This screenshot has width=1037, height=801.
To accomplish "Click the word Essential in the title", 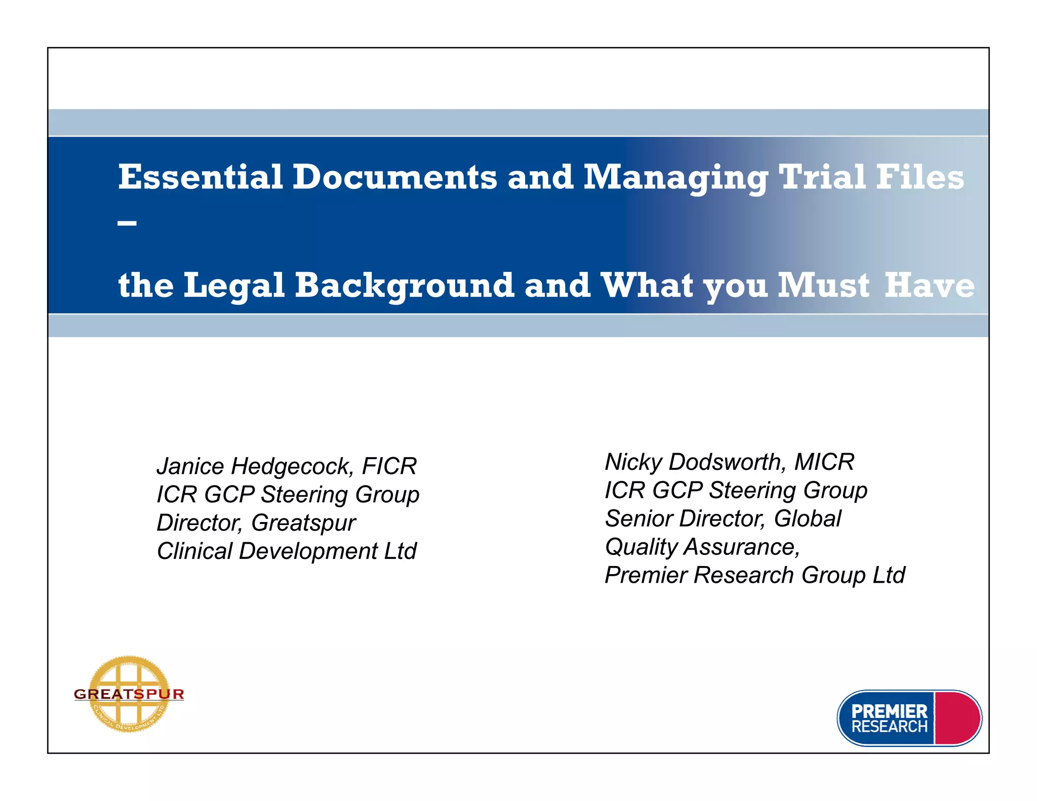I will coord(201,177).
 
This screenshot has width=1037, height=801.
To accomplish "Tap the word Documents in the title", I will coord(395,177).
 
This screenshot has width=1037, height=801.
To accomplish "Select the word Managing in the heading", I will coord(676,178).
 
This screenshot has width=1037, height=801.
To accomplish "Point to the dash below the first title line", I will coord(127,223).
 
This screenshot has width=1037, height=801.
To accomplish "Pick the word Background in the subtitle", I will coord(405,286).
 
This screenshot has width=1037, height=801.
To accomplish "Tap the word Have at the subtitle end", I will coord(929,286).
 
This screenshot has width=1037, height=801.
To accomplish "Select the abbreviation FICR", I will coord(389,466).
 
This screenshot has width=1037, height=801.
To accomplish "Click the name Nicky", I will coord(633,462).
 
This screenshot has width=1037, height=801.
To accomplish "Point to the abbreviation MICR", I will coord(824,462).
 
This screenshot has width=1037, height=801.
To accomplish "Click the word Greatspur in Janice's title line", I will coord(303,523).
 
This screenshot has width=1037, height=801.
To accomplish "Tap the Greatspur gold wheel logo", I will coord(129,694).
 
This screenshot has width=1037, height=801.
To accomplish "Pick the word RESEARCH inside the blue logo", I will coord(889,727).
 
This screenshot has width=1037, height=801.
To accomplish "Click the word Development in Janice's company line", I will coord(308,551).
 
